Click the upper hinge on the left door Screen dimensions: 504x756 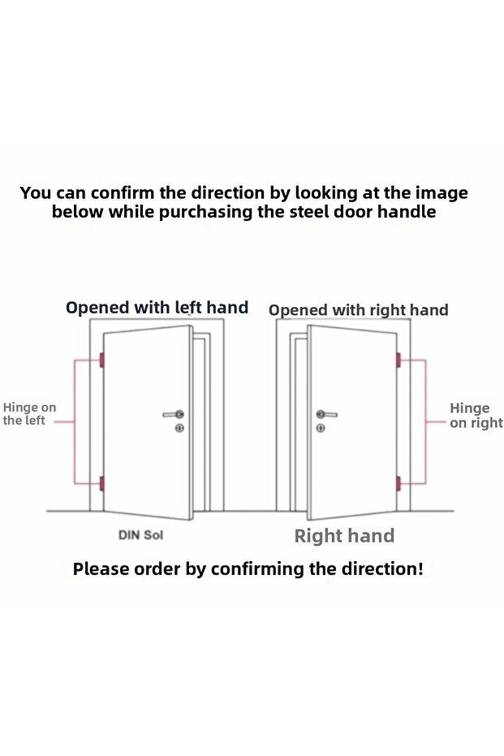tap(101, 360)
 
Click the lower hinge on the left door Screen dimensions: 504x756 tap(101, 483)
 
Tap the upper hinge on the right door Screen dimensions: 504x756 tap(398, 360)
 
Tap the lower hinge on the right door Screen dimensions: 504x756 tap(398, 484)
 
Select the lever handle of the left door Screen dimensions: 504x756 tap(173, 414)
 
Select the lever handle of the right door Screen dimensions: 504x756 tap(327, 414)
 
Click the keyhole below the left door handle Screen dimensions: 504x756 tap(179, 428)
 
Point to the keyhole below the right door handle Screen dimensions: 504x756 tap(321, 428)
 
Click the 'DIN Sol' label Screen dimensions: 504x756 tap(140, 534)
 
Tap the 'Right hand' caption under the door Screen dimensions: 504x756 tap(344, 536)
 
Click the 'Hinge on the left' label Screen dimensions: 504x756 tap(29, 413)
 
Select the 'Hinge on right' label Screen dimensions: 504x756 tap(476, 415)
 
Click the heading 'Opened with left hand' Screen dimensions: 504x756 tap(157, 308)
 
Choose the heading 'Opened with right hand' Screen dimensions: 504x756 tap(359, 310)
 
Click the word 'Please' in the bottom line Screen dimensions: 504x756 tap(101, 568)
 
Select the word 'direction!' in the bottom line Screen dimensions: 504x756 tap(382, 568)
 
